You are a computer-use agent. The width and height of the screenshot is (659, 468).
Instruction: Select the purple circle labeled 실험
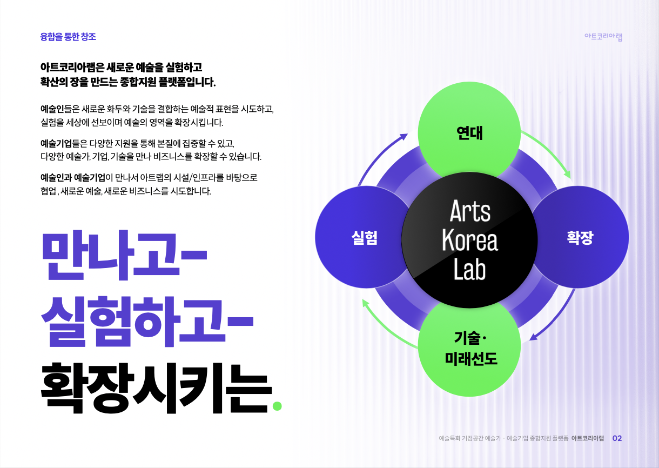(357, 238)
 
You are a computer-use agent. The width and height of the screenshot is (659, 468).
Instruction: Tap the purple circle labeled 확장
(583, 238)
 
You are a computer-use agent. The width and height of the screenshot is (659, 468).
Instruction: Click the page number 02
(617, 438)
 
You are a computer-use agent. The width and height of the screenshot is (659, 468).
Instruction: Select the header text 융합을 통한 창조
(68, 37)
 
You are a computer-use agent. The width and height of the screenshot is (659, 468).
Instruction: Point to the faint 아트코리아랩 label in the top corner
(603, 37)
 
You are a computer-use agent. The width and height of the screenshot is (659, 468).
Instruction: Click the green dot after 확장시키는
(278, 405)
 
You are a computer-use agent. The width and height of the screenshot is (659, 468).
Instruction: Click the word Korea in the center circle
(469, 240)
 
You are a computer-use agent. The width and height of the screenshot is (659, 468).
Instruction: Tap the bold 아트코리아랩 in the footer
(587, 438)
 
